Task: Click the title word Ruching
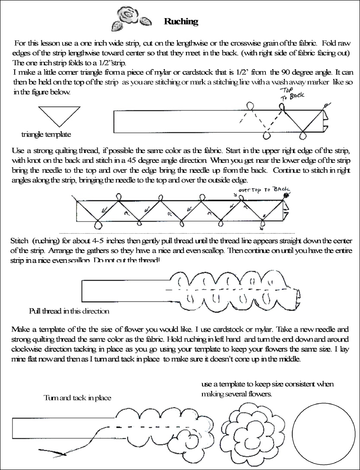click(x=181, y=22)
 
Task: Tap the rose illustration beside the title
click(x=131, y=19)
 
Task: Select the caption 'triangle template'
click(x=46, y=134)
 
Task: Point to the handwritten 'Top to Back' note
click(x=292, y=94)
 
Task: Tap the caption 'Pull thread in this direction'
click(x=69, y=311)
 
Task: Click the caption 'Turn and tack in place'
click(x=77, y=398)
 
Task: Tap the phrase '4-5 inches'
click(x=109, y=240)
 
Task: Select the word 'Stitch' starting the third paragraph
click(x=19, y=240)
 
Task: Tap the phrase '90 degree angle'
click(x=291, y=71)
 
